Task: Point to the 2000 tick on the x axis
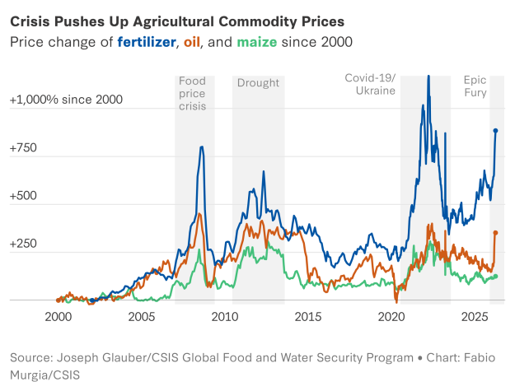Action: click(x=58, y=317)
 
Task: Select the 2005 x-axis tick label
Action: click(x=142, y=317)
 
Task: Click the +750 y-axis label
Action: click(x=23, y=148)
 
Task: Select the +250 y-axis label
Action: click(x=24, y=244)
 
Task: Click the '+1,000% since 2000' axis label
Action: click(x=66, y=100)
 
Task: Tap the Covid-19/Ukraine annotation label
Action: click(x=370, y=85)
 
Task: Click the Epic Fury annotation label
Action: click(x=475, y=86)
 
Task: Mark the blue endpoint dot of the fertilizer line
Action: click(x=495, y=130)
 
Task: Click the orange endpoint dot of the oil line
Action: click(x=495, y=233)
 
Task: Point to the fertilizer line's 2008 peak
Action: click(x=202, y=148)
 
